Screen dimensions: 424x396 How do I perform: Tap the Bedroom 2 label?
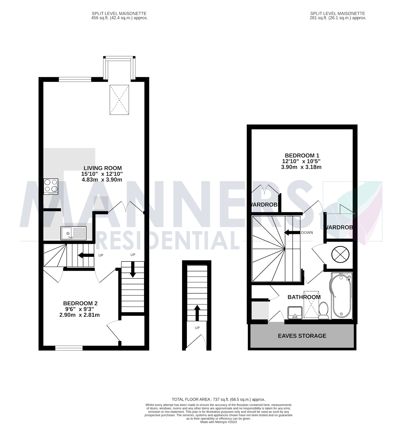[x=80, y=303]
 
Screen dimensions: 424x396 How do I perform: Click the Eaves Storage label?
[x=302, y=336]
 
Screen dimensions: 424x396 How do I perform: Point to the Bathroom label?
[x=304, y=297]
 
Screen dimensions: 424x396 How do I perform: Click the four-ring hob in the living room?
[x=51, y=186]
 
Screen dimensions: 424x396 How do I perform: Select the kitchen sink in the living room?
[x=73, y=233]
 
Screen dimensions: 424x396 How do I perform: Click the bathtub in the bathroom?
[x=342, y=296]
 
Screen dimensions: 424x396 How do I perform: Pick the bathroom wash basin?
[x=295, y=312]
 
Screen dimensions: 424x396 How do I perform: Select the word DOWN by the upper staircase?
[x=307, y=233]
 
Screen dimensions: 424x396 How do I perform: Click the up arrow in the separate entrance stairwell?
[x=197, y=312]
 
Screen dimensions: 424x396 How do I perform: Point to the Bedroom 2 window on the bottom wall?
[x=69, y=348]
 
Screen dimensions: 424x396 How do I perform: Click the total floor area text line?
[x=218, y=399]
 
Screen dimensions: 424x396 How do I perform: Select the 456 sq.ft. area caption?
[x=119, y=18]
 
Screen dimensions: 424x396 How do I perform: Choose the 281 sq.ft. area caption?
[x=337, y=18]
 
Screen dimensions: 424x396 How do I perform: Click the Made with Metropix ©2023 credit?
[x=218, y=422]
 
